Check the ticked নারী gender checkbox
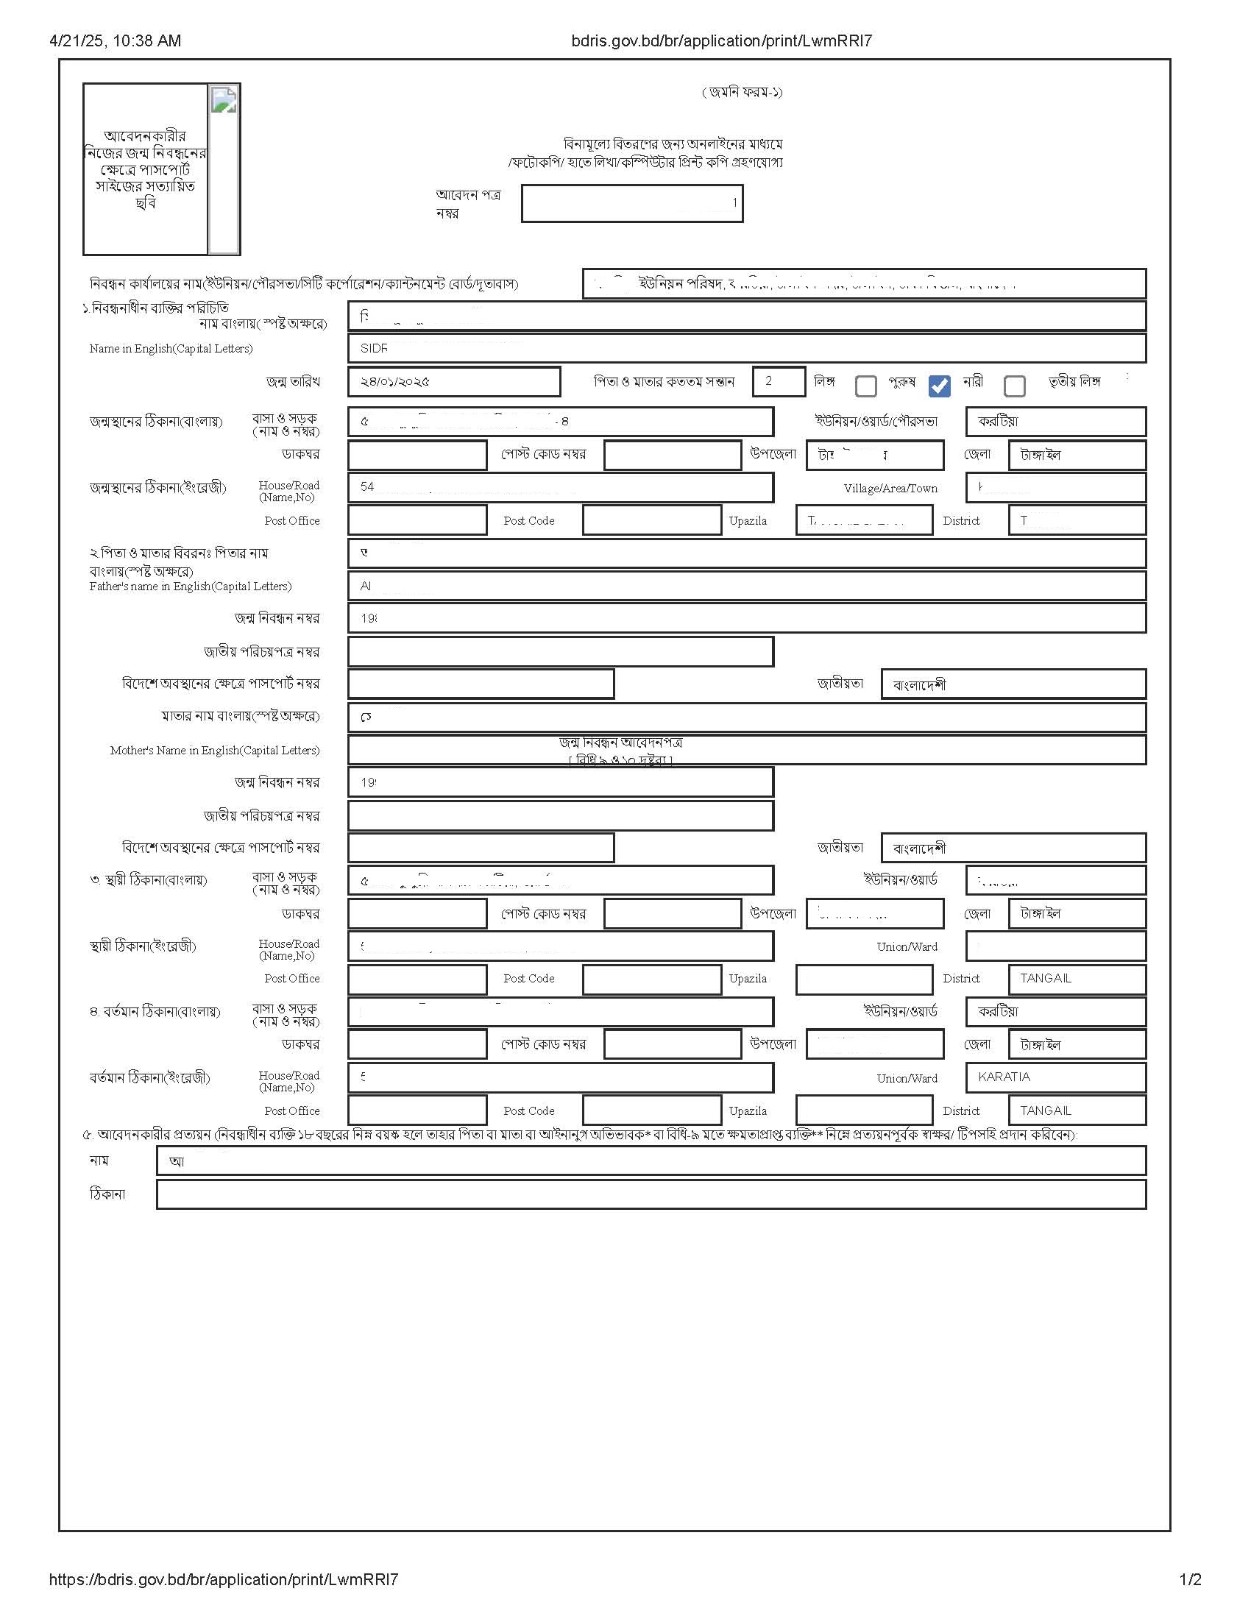pos(939,386)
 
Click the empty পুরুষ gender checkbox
pos(865,386)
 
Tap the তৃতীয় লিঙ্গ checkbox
pos(1014,386)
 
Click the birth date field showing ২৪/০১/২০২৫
pos(453,382)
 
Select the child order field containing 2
pos(778,382)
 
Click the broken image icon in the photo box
pos(224,99)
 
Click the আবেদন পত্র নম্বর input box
pos(631,204)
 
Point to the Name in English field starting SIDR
pos(746,348)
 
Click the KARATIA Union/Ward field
pos(1055,1077)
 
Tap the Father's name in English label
pos(191,587)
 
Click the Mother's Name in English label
pos(215,750)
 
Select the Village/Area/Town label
pos(890,489)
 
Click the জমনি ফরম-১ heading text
pos(742,92)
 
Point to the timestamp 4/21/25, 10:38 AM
pos(115,40)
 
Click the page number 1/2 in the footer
pos(1190,1579)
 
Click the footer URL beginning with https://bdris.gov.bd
pos(224,1579)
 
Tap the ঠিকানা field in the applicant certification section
pos(651,1194)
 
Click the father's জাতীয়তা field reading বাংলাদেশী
pos(1013,684)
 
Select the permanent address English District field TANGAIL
pos(1077,979)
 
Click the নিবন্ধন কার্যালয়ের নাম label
pos(304,284)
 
